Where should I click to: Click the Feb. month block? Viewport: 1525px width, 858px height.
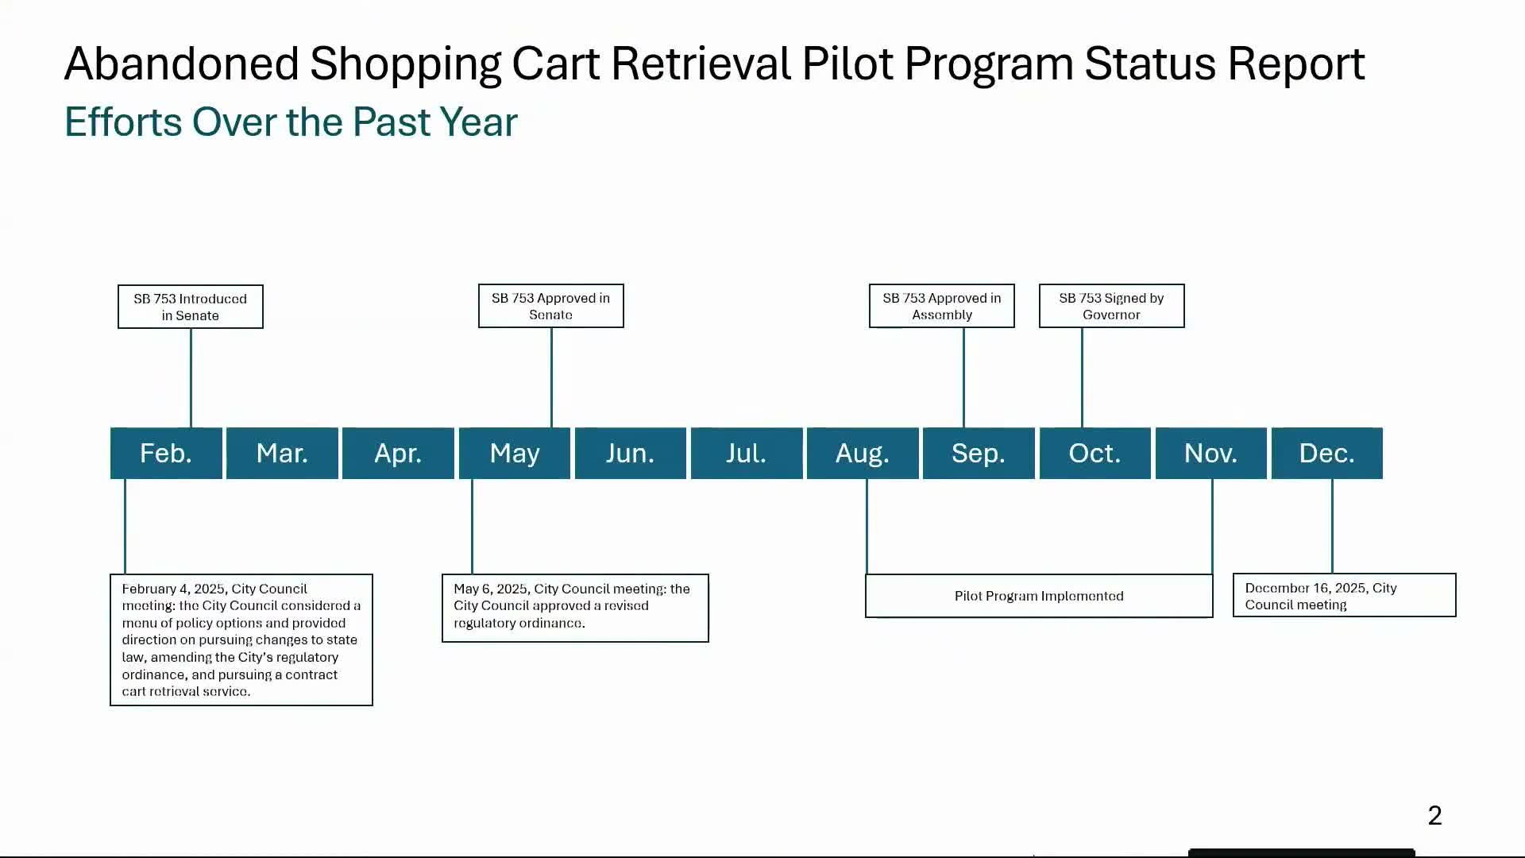(x=166, y=453)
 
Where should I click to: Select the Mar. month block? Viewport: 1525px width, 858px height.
(x=282, y=453)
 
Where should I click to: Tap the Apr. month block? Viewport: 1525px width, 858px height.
(x=398, y=453)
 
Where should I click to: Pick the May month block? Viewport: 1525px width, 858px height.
(x=515, y=453)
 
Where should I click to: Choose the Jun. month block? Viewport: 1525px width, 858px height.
(x=630, y=453)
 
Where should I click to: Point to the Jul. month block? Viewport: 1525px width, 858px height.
(x=746, y=453)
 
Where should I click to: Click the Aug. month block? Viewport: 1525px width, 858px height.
(x=863, y=453)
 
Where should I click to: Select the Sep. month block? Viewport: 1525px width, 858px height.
(x=979, y=453)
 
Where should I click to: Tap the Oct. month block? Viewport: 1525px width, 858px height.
(x=1095, y=453)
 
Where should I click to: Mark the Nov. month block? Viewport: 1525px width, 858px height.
(x=1210, y=453)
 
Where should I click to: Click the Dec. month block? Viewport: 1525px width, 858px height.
(x=1326, y=453)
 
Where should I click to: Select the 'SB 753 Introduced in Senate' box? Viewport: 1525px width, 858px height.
(x=191, y=307)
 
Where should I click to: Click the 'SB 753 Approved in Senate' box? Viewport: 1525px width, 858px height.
(x=551, y=306)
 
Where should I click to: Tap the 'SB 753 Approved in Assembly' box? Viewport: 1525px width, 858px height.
(x=942, y=306)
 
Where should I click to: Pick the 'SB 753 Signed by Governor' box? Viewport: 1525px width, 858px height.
(x=1111, y=306)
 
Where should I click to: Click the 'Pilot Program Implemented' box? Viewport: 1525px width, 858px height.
(x=1039, y=596)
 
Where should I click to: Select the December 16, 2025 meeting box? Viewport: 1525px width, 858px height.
(x=1344, y=595)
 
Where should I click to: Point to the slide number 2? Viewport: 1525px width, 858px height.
(x=1434, y=816)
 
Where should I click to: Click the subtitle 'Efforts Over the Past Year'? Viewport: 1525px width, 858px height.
(x=291, y=122)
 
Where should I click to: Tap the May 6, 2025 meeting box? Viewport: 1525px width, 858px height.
(x=575, y=608)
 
